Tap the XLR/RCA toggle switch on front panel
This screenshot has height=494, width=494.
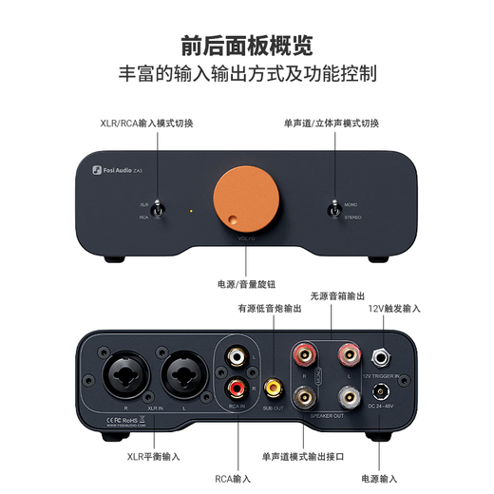(x=161, y=209)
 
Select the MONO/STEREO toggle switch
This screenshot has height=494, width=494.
(x=333, y=209)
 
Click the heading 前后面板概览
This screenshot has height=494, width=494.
(x=247, y=44)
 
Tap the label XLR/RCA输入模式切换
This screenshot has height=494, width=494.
(x=148, y=123)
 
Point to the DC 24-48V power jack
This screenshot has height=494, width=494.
(x=385, y=389)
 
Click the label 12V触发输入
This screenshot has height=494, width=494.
(x=394, y=309)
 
